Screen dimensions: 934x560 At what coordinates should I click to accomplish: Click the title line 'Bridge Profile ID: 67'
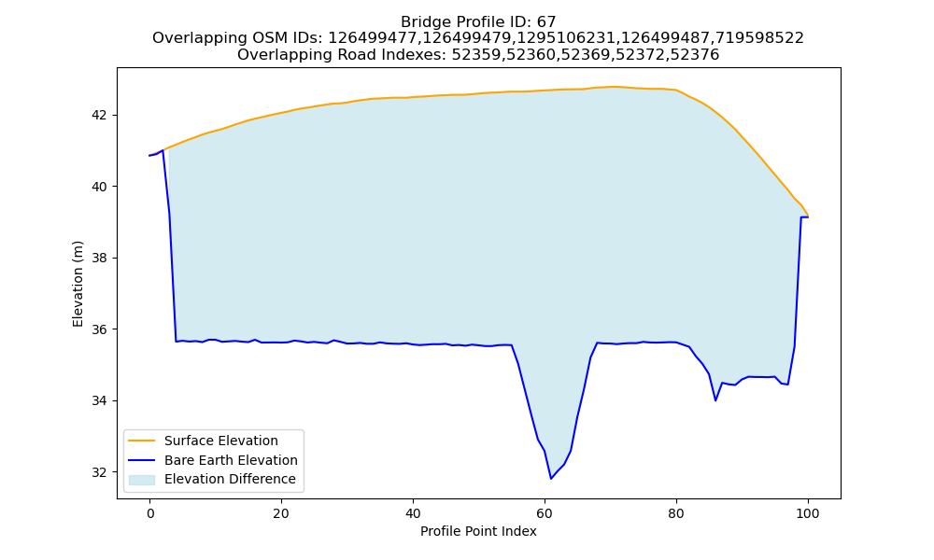[x=478, y=22]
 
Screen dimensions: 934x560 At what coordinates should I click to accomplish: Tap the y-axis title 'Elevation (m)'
[x=78, y=284]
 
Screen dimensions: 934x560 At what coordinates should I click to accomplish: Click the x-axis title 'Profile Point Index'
[x=478, y=531]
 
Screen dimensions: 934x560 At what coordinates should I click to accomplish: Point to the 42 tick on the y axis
[x=101, y=116]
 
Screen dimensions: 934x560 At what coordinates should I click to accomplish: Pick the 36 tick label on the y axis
[x=101, y=329]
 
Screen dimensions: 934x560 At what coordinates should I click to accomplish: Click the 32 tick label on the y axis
[x=101, y=472]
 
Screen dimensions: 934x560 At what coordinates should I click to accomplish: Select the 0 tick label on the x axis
[x=150, y=513]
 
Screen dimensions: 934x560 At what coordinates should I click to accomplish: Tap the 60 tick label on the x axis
[x=545, y=513]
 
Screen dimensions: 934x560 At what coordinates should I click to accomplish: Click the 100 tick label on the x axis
[x=808, y=513]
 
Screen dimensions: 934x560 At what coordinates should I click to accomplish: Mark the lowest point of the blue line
[x=551, y=479]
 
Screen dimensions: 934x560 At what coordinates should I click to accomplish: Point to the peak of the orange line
[x=614, y=87]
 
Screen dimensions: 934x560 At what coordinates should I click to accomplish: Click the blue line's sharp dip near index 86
[x=715, y=400]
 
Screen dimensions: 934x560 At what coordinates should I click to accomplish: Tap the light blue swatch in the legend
[x=142, y=480]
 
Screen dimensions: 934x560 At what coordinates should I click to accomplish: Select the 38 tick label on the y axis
[x=101, y=259]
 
